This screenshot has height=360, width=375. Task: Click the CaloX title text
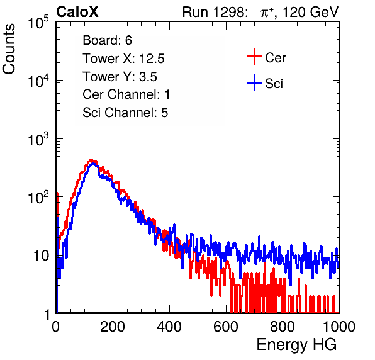(x=77, y=12)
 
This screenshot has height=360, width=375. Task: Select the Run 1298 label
(x=215, y=12)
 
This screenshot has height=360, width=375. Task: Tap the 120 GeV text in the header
(x=311, y=12)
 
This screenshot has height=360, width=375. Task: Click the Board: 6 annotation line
(x=107, y=40)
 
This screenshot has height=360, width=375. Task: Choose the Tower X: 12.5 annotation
(x=123, y=59)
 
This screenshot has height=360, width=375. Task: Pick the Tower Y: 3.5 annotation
(x=120, y=77)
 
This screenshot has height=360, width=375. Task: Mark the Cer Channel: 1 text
(x=126, y=94)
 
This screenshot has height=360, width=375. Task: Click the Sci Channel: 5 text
(x=125, y=113)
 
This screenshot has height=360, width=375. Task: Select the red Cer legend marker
(x=254, y=57)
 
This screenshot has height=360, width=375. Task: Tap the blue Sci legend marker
(x=254, y=82)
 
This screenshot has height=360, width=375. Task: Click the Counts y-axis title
(x=9, y=49)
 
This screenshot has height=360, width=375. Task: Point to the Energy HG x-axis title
(x=296, y=345)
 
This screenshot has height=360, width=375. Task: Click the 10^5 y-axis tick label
(x=38, y=23)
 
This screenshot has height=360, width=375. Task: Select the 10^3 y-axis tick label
(x=38, y=140)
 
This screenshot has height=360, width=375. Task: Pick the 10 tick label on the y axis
(x=41, y=256)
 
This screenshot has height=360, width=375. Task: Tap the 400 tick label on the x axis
(x=169, y=327)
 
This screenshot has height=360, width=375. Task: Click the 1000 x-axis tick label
(x=339, y=327)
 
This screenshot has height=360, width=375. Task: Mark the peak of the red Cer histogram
(x=91, y=160)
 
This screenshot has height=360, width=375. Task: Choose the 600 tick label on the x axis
(x=226, y=327)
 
